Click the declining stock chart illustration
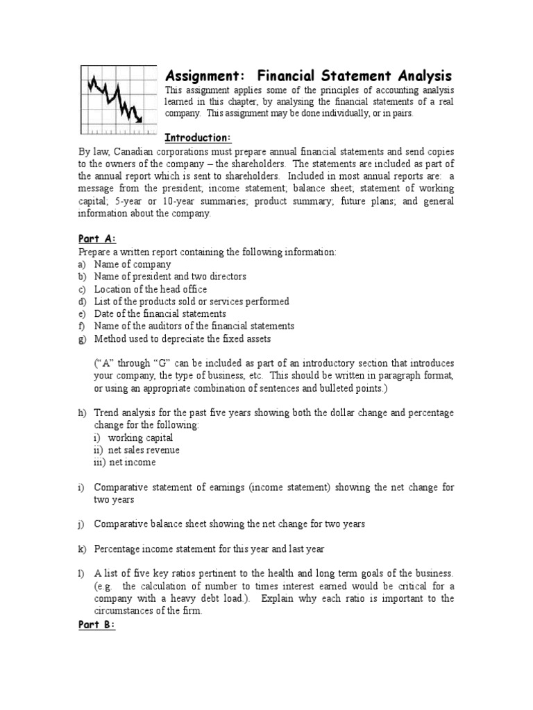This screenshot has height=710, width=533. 116,98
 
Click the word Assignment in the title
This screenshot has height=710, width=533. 201,76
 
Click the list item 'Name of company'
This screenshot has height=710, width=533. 133,264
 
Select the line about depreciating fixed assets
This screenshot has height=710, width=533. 183,338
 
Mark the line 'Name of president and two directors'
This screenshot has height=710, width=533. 170,277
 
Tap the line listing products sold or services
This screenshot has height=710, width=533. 192,302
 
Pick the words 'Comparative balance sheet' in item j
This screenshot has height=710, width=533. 149,523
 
